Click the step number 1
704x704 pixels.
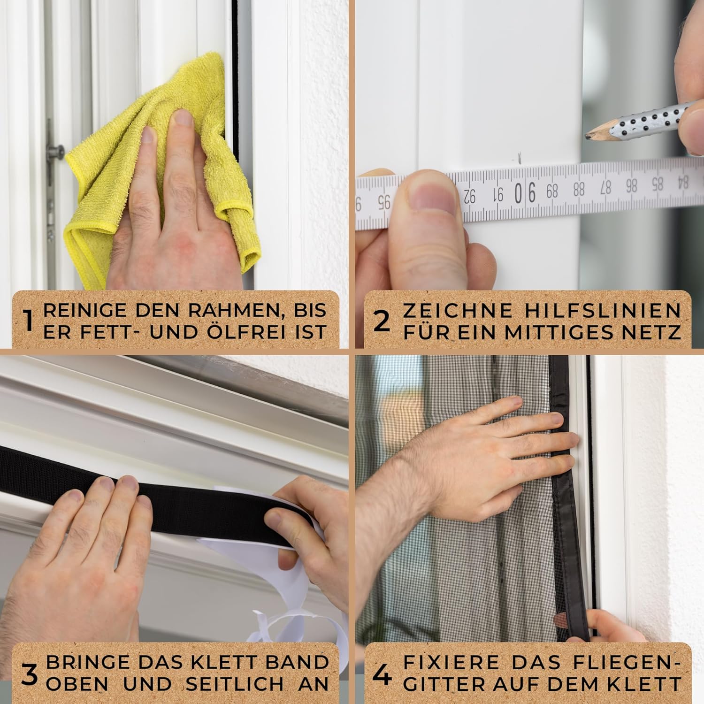28,321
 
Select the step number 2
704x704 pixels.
382,321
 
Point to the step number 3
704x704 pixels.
30,674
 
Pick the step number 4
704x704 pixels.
382,675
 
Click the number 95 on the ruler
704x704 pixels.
384,202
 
